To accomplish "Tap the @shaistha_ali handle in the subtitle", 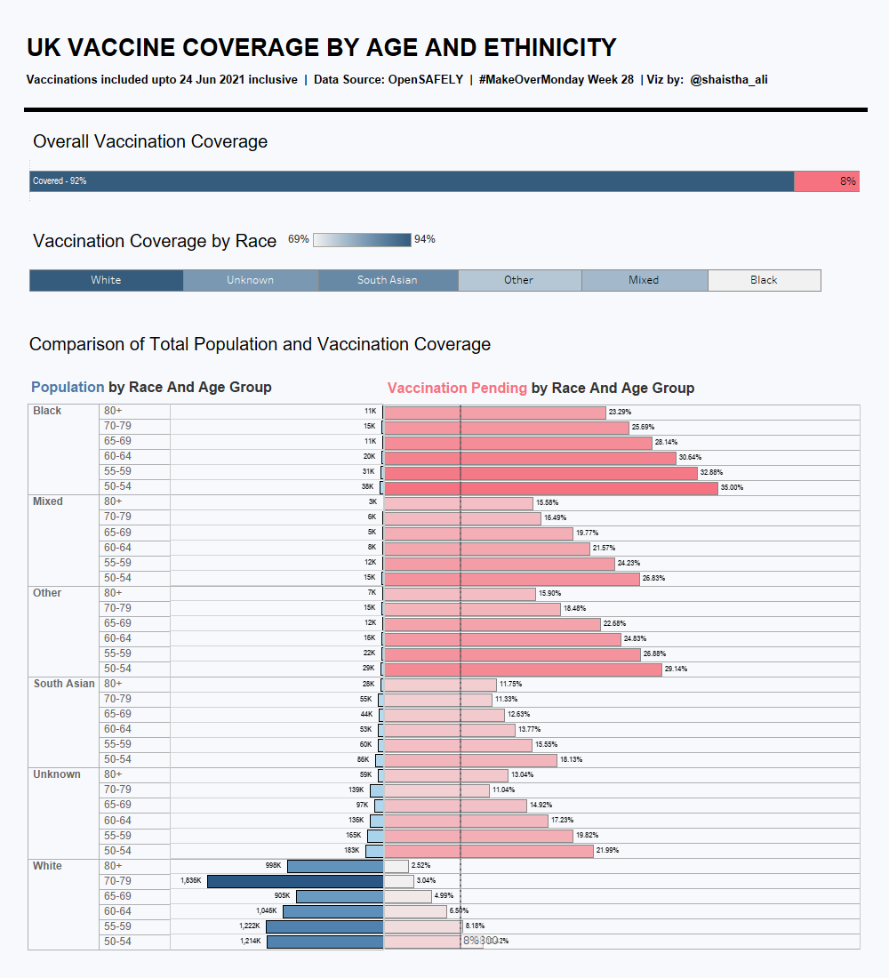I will click(729, 80).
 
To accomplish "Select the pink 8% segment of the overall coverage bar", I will click(826, 181).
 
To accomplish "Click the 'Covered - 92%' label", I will click(60, 181).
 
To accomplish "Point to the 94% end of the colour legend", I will click(425, 239).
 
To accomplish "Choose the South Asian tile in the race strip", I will click(388, 280).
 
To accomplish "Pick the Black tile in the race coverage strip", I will click(764, 280).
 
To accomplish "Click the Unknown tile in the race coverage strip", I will click(250, 280).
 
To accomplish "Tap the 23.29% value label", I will click(620, 413).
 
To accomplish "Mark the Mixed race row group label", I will click(48, 501).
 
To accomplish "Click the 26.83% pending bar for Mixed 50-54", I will click(511, 578).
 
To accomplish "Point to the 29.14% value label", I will click(676, 669).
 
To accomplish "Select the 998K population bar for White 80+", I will click(335, 866).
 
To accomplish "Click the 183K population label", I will click(351, 851).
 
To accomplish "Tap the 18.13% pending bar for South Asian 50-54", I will click(469, 760).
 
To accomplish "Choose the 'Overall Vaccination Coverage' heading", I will click(150, 141).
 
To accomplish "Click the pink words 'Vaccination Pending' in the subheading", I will click(457, 388).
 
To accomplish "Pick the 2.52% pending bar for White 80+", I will click(396, 866).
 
